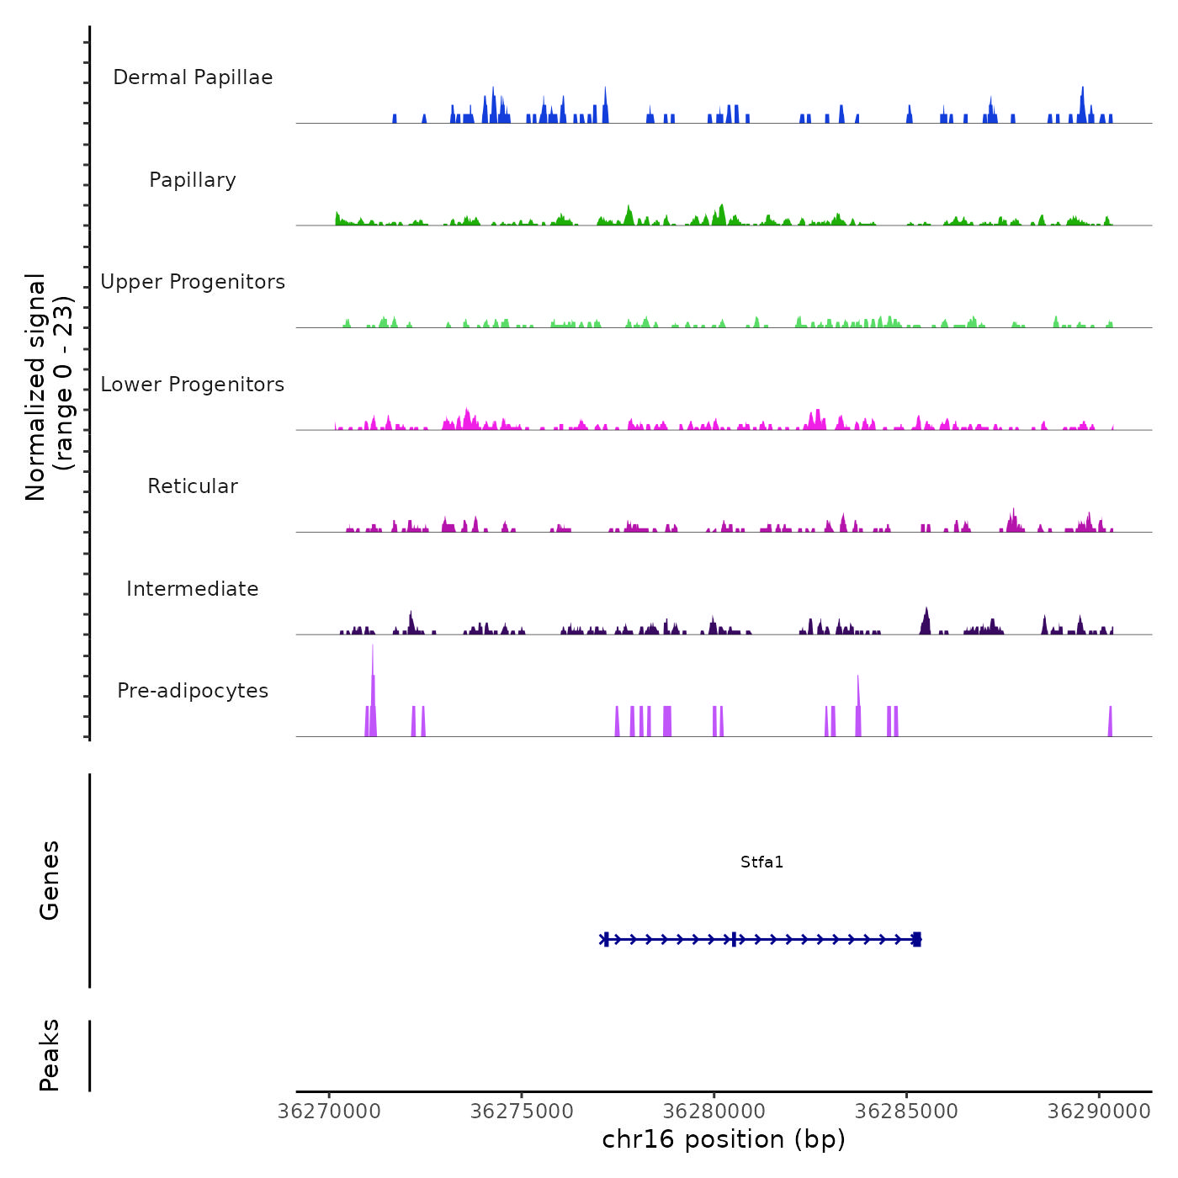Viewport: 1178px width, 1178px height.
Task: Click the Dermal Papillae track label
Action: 193,77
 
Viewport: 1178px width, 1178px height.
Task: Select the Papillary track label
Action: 193,180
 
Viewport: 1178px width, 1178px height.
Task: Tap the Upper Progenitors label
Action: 193,282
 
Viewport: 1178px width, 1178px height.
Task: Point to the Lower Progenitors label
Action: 193,385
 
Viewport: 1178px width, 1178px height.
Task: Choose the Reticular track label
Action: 193,486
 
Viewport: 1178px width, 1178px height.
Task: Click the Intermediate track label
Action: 193,589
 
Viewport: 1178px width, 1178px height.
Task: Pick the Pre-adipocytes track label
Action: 193,691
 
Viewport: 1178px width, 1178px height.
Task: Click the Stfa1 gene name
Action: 761,862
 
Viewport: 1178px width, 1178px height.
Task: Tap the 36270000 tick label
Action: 329,1112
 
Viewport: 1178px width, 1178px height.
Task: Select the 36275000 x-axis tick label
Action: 522,1112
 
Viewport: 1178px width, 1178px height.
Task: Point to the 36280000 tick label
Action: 714,1112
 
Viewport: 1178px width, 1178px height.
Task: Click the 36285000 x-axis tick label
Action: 906,1112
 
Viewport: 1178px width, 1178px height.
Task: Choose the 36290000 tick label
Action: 1099,1112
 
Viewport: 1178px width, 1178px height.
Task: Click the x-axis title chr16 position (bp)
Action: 724,1139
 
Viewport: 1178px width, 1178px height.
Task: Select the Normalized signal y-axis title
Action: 49,386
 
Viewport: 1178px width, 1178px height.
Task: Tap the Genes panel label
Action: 50,880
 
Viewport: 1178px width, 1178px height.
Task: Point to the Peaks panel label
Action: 50,1055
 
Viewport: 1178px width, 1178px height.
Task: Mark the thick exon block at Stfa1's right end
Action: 917,939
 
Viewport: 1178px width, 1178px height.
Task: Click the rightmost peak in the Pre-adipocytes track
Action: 1110,722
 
